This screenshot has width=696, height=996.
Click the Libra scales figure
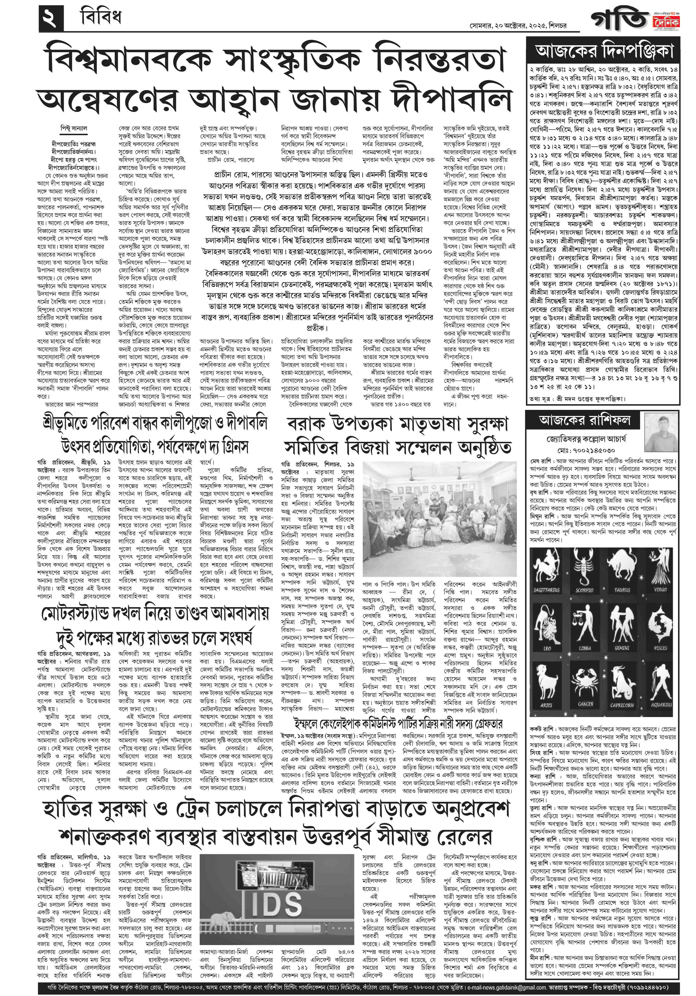[x=585, y=623]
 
